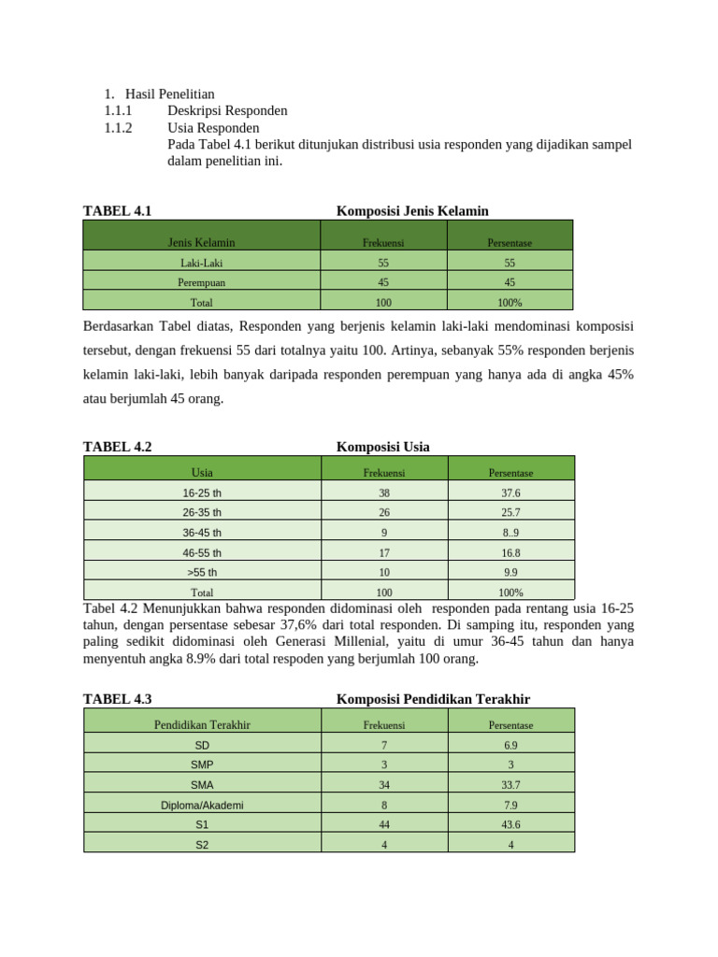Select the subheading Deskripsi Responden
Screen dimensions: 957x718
(227, 110)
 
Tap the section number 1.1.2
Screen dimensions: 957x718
(119, 127)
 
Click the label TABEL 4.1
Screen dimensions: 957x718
(117, 211)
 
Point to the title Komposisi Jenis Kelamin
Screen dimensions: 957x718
(412, 211)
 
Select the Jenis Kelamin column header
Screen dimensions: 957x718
(201, 243)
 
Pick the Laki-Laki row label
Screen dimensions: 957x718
(201, 264)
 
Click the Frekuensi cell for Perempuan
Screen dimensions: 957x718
(383, 282)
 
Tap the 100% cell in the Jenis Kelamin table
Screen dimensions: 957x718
(510, 303)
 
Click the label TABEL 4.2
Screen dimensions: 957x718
(117, 447)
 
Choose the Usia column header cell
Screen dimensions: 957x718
(202, 473)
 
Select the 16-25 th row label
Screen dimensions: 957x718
(202, 493)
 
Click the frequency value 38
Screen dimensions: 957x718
(383, 493)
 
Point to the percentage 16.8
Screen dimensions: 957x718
(510, 552)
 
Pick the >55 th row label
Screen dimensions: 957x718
(202, 572)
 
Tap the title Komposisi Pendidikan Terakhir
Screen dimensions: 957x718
(433, 699)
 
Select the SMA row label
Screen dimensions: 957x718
(202, 785)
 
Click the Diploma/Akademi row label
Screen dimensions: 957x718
(202, 805)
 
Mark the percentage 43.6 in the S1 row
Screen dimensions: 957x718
(510, 825)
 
